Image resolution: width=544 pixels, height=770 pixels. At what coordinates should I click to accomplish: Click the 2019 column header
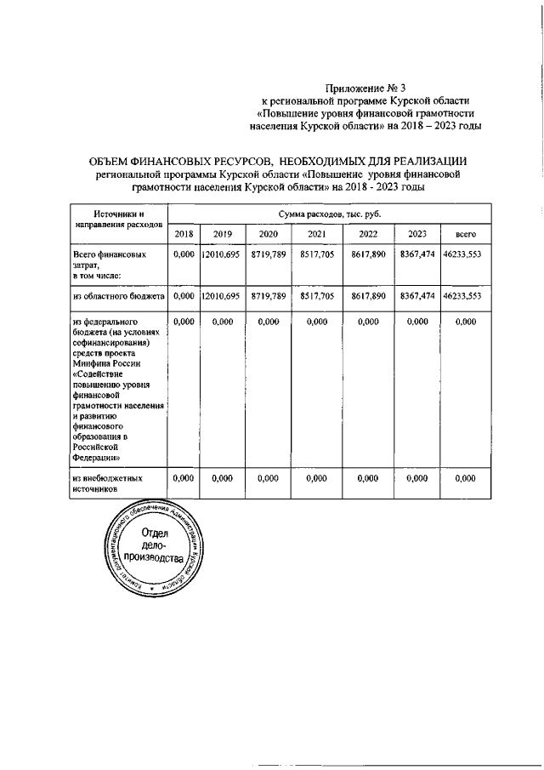(223, 234)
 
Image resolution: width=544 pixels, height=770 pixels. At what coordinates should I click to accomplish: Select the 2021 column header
(316, 234)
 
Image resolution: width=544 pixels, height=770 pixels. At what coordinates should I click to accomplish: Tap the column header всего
(464, 234)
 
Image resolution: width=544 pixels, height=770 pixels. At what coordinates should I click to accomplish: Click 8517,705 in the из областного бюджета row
(316, 296)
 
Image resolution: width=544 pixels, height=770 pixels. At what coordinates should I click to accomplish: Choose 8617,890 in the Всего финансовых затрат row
(368, 254)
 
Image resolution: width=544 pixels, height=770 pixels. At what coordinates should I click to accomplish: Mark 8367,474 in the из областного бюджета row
(417, 296)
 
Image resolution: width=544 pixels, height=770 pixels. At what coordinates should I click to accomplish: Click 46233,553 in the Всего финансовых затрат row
(464, 254)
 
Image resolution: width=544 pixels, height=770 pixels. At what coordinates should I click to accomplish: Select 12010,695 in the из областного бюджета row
(223, 296)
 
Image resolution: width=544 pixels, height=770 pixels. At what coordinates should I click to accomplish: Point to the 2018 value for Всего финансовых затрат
(184, 254)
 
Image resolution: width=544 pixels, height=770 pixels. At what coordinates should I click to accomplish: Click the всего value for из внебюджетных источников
(464, 479)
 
